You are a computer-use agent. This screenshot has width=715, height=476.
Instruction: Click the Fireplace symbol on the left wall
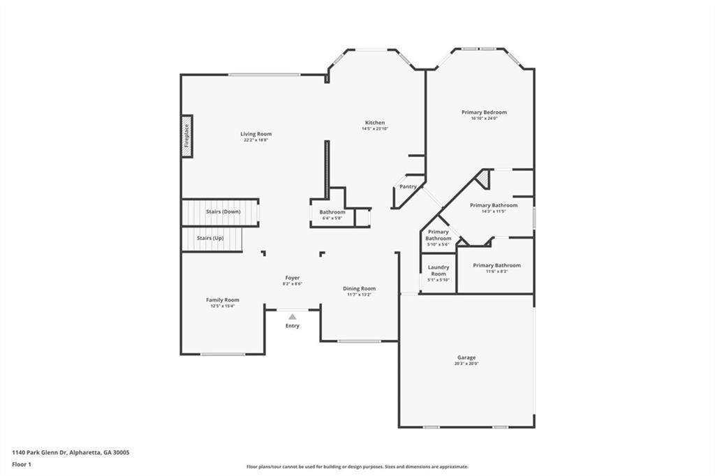(187, 136)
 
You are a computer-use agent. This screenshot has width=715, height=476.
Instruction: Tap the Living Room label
(256, 134)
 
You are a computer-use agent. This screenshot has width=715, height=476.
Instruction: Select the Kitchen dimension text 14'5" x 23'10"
(375, 129)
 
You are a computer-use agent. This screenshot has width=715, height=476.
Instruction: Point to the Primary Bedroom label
(484, 112)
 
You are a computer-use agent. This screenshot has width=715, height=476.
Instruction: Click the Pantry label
(408, 186)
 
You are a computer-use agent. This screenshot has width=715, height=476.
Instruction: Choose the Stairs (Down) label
(223, 211)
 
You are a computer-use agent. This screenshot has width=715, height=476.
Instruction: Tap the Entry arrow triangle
(292, 317)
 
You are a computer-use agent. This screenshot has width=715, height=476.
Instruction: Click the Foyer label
(292, 278)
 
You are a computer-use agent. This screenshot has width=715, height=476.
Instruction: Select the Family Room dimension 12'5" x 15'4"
(222, 306)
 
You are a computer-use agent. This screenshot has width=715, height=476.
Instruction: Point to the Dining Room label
(359, 288)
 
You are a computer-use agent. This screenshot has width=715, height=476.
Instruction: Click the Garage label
(466, 357)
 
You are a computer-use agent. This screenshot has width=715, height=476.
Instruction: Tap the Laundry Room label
(438, 270)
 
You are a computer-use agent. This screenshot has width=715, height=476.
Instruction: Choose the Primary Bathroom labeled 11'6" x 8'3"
(496, 265)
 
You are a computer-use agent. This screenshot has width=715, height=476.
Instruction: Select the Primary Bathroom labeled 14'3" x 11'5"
(494, 205)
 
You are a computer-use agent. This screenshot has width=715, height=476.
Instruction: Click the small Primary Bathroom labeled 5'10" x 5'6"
(438, 235)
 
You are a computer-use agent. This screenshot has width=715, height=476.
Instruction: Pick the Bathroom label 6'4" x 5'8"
(332, 212)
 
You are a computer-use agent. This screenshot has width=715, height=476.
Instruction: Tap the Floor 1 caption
(22, 463)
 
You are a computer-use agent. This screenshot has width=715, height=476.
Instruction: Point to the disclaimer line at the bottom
(357, 467)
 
